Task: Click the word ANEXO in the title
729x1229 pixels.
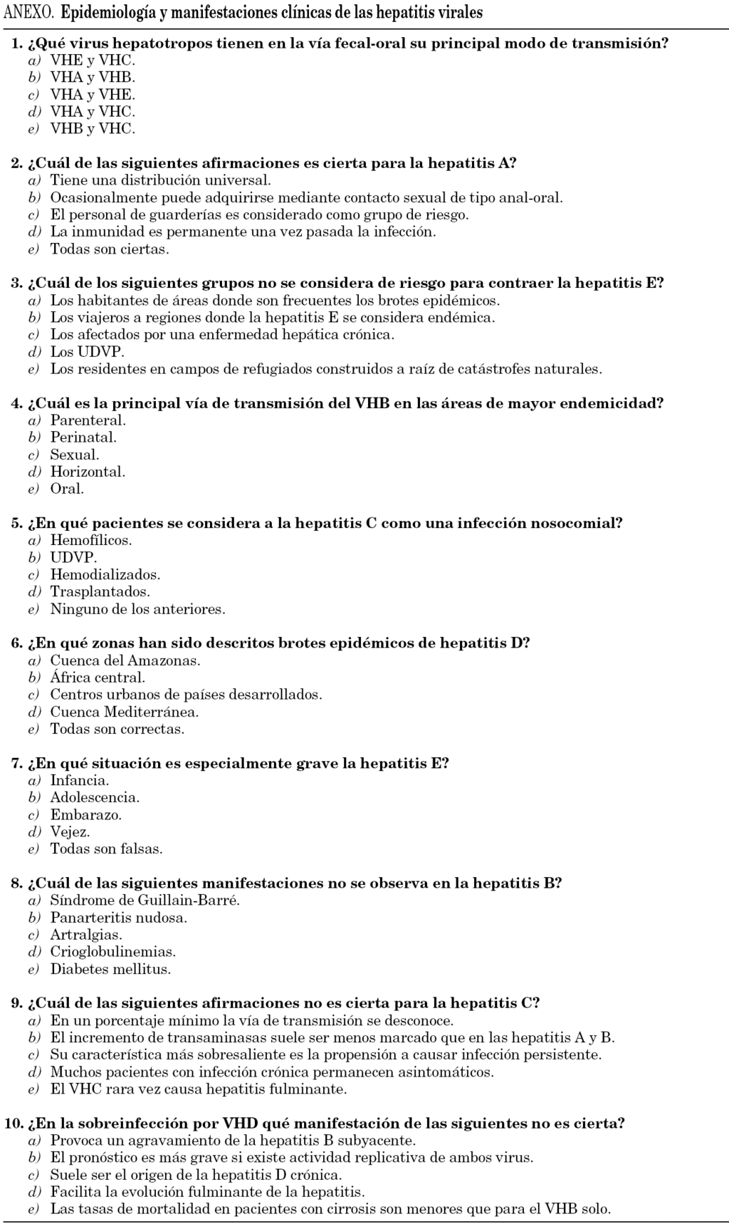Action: coord(29,13)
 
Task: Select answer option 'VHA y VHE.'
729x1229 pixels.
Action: coord(92,95)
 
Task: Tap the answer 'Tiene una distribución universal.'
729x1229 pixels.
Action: coord(160,181)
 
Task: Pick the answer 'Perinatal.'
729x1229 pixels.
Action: coord(83,437)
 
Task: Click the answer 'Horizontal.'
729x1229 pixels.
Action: coord(88,472)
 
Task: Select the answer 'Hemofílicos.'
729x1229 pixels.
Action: coord(91,541)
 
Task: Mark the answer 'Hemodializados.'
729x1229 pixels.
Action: coord(105,575)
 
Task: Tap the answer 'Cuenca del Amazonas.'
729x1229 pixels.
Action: coord(125,660)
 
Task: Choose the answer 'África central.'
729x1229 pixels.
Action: coord(98,678)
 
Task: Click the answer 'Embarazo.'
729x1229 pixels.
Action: coord(85,815)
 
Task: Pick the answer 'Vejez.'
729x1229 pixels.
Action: coord(70,832)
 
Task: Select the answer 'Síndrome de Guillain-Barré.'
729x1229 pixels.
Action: coord(145,901)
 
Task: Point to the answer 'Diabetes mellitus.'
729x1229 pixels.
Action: coord(110,969)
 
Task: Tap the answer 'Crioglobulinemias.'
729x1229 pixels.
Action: coord(112,952)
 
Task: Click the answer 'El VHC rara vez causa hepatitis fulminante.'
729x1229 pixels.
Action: coord(199,1089)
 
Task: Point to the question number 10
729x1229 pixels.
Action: coord(13,1124)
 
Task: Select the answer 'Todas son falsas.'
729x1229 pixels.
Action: coord(106,849)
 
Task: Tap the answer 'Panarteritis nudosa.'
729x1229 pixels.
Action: coord(118,918)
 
